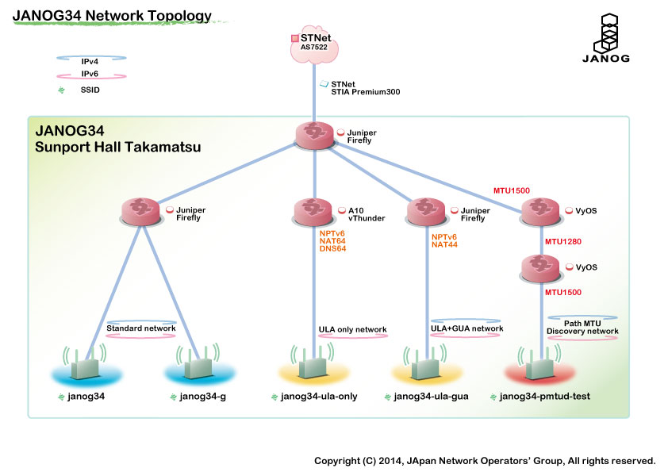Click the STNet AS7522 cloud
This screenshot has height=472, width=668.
pyautogui.click(x=315, y=43)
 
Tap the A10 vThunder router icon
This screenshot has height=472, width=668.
pyautogui.click(x=314, y=213)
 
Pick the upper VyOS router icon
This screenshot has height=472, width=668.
pyautogui.click(x=541, y=213)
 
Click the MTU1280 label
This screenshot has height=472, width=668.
pyautogui.click(x=562, y=240)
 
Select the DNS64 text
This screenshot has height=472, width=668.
pyautogui.click(x=332, y=249)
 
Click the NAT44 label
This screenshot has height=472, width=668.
pyautogui.click(x=445, y=245)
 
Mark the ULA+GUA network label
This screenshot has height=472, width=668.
pyautogui.click(x=466, y=328)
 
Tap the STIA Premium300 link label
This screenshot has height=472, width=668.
pyautogui.click(x=365, y=92)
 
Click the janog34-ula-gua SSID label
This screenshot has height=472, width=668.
pyautogui.click(x=431, y=397)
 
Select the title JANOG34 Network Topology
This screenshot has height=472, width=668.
pyautogui.click(x=112, y=15)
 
